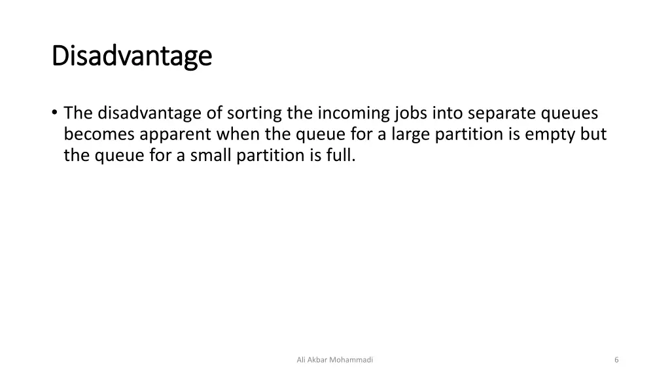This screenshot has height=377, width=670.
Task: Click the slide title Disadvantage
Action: tap(132, 56)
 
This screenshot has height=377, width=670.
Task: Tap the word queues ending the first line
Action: tap(570, 113)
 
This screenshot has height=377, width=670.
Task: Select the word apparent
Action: tap(175, 134)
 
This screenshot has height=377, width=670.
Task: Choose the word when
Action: tap(238, 134)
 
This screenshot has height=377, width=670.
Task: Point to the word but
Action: tap(593, 134)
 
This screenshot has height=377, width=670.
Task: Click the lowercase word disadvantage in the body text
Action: tap(150, 113)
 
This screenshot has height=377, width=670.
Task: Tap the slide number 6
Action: tap(616, 359)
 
